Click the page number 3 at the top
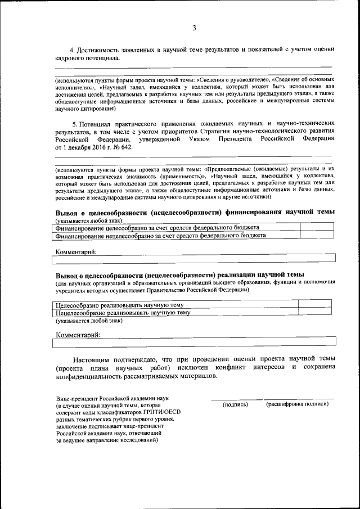click(193, 28)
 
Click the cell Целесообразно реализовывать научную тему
click(119, 304)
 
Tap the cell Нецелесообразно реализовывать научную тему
click(123, 312)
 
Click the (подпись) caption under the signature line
click(235, 405)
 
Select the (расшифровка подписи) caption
click(297, 405)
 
